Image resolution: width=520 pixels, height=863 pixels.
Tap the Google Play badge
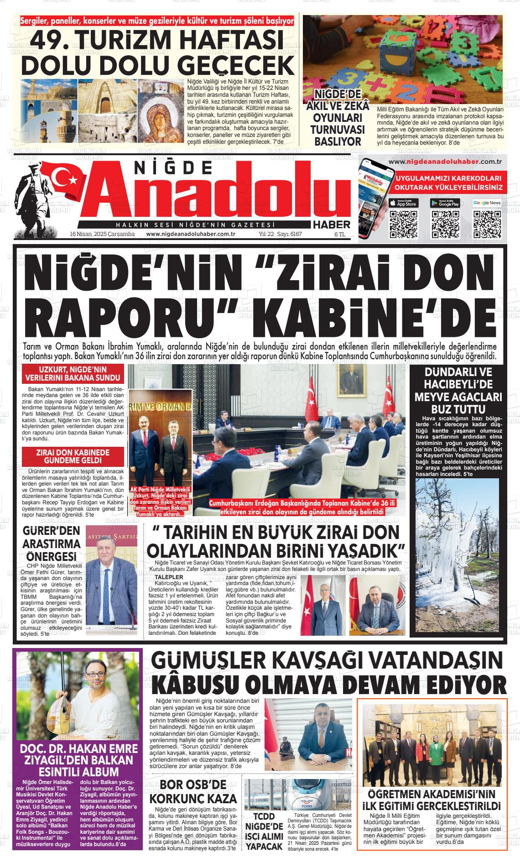pyautogui.click(x=445, y=203)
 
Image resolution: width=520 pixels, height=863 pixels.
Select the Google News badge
pyautogui.click(x=487, y=203)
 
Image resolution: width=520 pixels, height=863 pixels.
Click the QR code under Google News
pyautogui.click(x=487, y=225)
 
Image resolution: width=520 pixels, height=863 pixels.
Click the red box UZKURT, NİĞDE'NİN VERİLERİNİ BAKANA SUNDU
pyautogui.click(x=73, y=374)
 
